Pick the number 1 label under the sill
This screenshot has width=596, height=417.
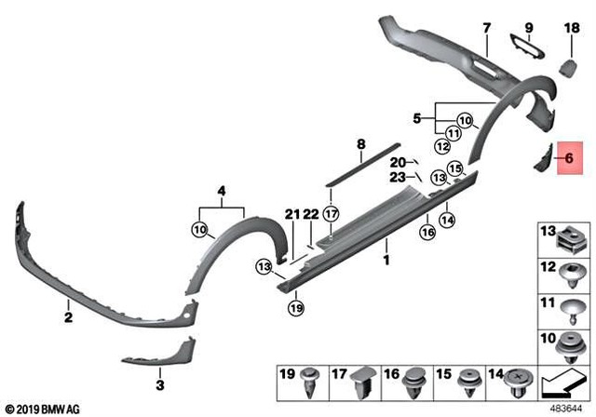point(386,261)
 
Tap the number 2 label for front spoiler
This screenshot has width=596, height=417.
point(68,317)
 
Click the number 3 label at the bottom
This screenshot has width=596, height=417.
point(158,383)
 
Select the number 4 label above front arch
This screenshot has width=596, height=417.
point(222,193)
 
